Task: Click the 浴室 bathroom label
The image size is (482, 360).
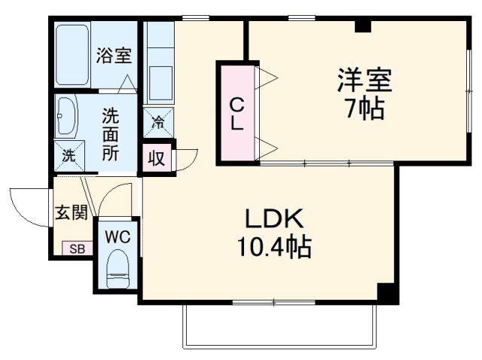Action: coord(114,56)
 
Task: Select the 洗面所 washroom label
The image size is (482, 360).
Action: coord(111,135)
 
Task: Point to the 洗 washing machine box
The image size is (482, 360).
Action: coord(69,157)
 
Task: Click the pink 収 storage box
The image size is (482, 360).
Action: coord(157,158)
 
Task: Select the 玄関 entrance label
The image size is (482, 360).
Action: coord(70,213)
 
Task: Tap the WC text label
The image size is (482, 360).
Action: coord(117,236)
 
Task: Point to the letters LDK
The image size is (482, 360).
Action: coord(273,220)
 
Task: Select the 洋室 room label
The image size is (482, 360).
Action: coord(365,80)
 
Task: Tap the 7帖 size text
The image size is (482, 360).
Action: coord(365,109)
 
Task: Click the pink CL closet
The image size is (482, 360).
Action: coord(236,113)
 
